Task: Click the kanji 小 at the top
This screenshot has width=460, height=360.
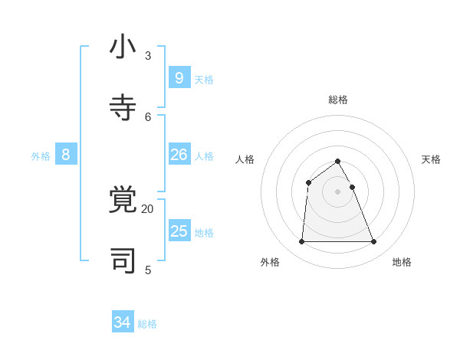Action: coord(123,47)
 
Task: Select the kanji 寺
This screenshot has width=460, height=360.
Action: coord(123,108)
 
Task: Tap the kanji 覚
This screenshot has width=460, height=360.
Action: coord(123,200)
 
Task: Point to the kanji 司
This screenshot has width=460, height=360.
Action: coord(123,261)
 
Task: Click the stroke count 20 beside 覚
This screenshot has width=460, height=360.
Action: coord(147,208)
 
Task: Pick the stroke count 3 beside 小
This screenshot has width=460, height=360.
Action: coord(148,55)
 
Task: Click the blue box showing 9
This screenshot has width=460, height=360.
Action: coord(179,77)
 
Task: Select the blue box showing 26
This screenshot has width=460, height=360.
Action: coord(179,154)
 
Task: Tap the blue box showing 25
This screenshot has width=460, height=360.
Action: coord(179,231)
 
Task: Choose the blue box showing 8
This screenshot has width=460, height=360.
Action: coord(66,154)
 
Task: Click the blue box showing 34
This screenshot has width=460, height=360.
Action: coord(123,322)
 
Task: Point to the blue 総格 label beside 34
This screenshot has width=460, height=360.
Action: coord(147,324)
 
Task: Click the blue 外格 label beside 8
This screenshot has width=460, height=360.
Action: coord(41,156)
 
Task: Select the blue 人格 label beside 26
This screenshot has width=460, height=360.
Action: coord(204,156)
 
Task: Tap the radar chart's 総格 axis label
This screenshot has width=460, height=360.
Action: coord(338,100)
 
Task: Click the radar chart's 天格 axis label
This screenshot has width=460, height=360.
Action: coord(431,159)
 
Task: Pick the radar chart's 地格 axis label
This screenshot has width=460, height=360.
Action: coord(402,262)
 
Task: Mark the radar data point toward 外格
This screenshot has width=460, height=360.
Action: coord(301,242)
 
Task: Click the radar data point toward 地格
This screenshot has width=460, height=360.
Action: coord(374,242)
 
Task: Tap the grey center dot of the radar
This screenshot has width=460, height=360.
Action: coord(338,191)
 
